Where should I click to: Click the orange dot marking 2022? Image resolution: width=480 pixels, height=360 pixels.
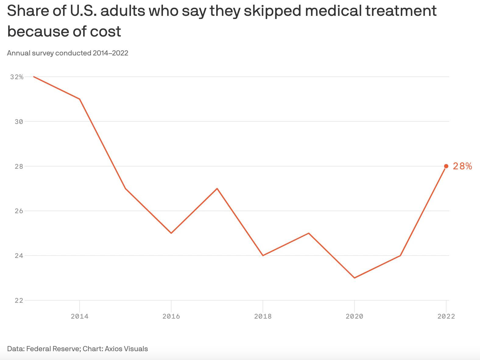[446, 166]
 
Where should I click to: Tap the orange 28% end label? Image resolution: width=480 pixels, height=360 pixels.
[462, 166]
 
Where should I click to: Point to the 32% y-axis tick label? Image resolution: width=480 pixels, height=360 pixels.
[17, 77]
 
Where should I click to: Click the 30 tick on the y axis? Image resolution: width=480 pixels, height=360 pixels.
[19, 122]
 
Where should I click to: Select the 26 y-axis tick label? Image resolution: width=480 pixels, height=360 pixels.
[19, 211]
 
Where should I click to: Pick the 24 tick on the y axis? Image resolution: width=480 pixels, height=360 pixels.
[19, 256]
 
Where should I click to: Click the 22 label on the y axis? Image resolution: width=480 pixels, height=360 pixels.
[19, 300]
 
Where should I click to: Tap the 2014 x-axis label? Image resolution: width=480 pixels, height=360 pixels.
[79, 316]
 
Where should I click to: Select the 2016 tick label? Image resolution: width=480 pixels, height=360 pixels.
[171, 316]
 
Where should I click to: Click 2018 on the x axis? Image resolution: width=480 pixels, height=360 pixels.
[263, 316]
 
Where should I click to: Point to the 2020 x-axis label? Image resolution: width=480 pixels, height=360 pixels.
[355, 316]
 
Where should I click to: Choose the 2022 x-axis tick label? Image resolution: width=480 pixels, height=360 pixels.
[446, 316]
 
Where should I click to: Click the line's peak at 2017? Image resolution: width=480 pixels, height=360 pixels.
[217, 189]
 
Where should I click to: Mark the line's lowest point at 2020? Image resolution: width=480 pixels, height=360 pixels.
[355, 278]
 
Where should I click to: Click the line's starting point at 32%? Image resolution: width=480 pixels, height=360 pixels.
[34, 77]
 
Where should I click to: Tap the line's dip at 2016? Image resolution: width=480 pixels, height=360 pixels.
[171, 233]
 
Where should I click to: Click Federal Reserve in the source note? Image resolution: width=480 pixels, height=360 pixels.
[53, 349]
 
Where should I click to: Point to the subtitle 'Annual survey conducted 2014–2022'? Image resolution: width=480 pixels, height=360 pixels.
[68, 53]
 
